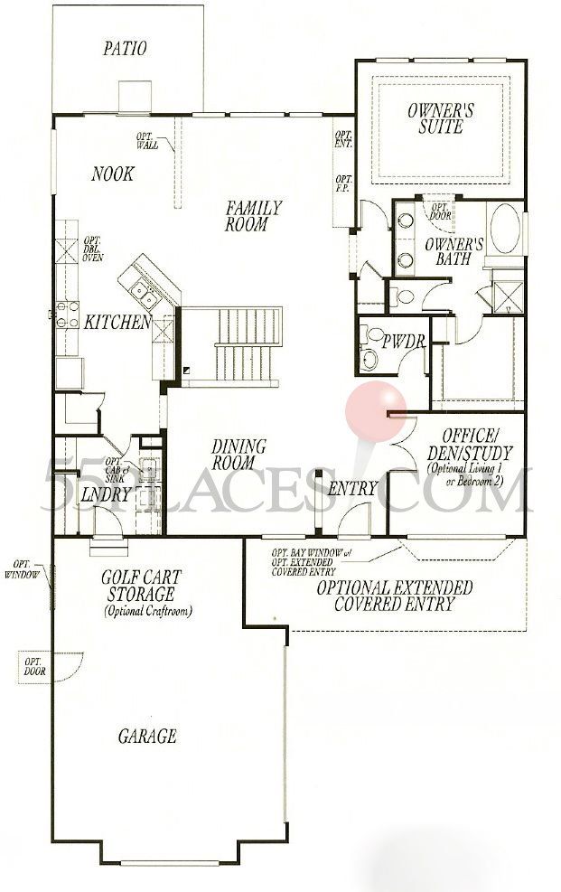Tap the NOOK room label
112,174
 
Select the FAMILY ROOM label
253,216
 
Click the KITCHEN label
117,322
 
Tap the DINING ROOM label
238,455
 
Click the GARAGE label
147,736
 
